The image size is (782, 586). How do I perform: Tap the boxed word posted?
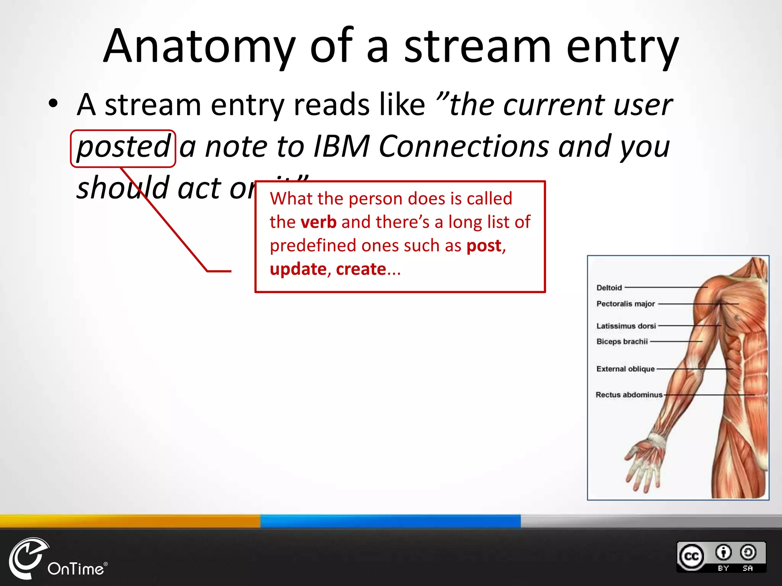point(123,147)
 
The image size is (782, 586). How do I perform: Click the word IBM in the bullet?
point(341,146)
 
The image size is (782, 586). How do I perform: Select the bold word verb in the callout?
point(318,222)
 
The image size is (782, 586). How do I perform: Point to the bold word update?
point(298,270)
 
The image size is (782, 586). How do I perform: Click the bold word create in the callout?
point(361,269)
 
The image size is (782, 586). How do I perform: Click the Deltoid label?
point(609,288)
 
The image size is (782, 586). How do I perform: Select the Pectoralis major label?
point(625,304)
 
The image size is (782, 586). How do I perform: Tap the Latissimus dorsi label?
point(626,326)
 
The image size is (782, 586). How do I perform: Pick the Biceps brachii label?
point(622,341)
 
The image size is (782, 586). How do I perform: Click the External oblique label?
point(625,369)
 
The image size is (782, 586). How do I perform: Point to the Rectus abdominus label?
point(629,395)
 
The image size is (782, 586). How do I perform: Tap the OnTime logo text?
point(76,569)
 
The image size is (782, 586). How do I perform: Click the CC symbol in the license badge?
point(692,557)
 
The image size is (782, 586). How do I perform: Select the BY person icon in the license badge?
point(723,552)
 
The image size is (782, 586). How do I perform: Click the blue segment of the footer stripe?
point(390,520)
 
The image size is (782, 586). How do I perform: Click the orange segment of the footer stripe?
point(130,520)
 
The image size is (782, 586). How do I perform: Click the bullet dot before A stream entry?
point(53,103)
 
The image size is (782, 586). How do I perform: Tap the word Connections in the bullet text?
point(464,146)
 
